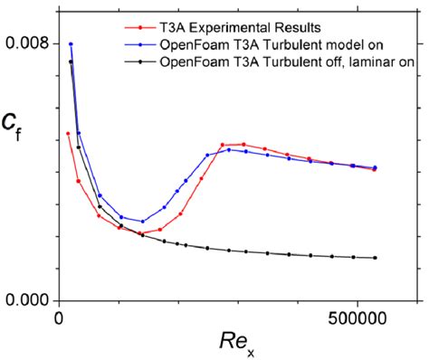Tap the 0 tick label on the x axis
click(59, 318)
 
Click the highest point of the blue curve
click(71, 43)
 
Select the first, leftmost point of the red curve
click(68, 134)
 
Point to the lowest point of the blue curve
click(142, 222)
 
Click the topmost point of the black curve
click(71, 62)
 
